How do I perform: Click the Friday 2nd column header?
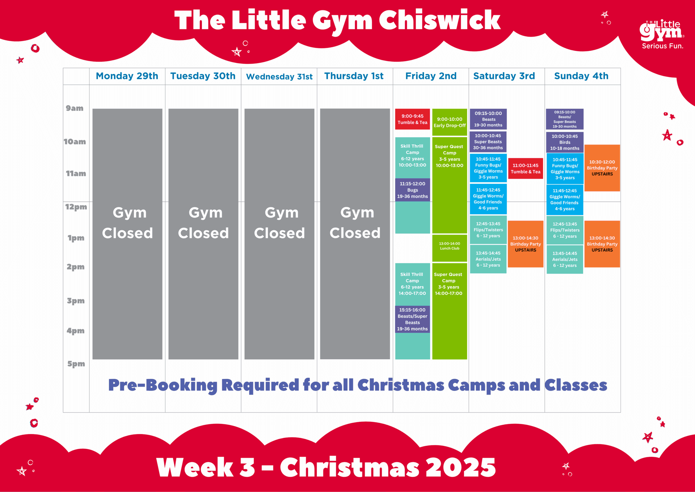[x=431, y=76]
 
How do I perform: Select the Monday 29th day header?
[x=127, y=76]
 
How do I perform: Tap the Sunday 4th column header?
[x=581, y=76]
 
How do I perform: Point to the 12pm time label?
[x=76, y=207]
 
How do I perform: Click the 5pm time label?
[x=76, y=364]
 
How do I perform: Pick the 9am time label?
[x=75, y=108]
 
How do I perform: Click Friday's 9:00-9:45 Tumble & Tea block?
[x=412, y=119]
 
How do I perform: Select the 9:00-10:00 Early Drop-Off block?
[x=450, y=122]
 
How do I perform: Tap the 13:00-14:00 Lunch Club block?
[x=450, y=248]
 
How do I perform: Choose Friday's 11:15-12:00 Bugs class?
[x=412, y=190]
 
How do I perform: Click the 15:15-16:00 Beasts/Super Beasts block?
[x=412, y=319]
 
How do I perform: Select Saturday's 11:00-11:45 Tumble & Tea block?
[x=526, y=168]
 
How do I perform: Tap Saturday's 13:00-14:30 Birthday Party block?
[x=526, y=244]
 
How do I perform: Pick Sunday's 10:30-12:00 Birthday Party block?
[x=602, y=168]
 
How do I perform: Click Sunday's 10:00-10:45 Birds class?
[x=565, y=142]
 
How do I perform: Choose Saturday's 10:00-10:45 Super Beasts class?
[x=488, y=142]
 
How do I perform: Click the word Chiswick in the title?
[x=439, y=21]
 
